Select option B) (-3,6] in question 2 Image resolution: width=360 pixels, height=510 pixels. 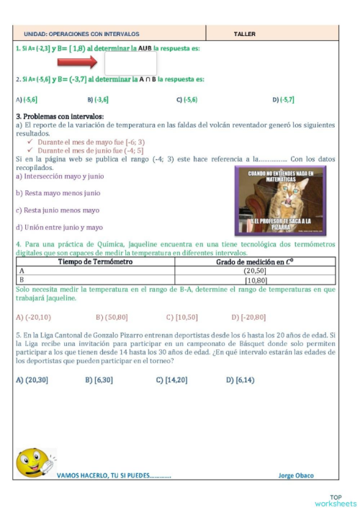97,99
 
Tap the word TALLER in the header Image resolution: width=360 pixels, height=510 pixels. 245,34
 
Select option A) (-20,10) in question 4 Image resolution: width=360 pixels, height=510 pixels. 32,317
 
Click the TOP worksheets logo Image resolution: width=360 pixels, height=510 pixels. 335,500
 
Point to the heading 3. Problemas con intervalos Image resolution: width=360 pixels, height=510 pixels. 60,116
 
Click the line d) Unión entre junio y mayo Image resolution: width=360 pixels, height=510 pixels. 59,228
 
